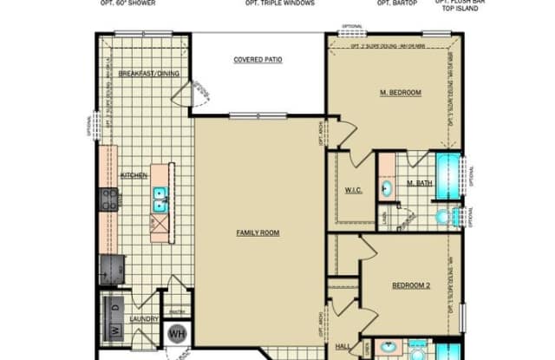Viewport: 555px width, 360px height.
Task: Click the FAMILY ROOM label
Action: pyautogui.click(x=258, y=232)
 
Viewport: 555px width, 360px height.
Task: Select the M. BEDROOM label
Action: pyautogui.click(x=400, y=92)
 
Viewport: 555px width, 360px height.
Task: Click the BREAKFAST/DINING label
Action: pyautogui.click(x=148, y=74)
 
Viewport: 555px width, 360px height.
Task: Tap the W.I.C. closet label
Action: pyautogui.click(x=353, y=190)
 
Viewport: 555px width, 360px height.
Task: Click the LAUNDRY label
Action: pyautogui.click(x=144, y=318)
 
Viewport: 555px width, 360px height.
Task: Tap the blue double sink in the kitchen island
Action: pyautogui.click(x=161, y=200)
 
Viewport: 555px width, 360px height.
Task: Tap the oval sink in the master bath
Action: pyautogui.click(x=387, y=186)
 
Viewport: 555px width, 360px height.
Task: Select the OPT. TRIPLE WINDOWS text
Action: pyautogui.click(x=280, y=3)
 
